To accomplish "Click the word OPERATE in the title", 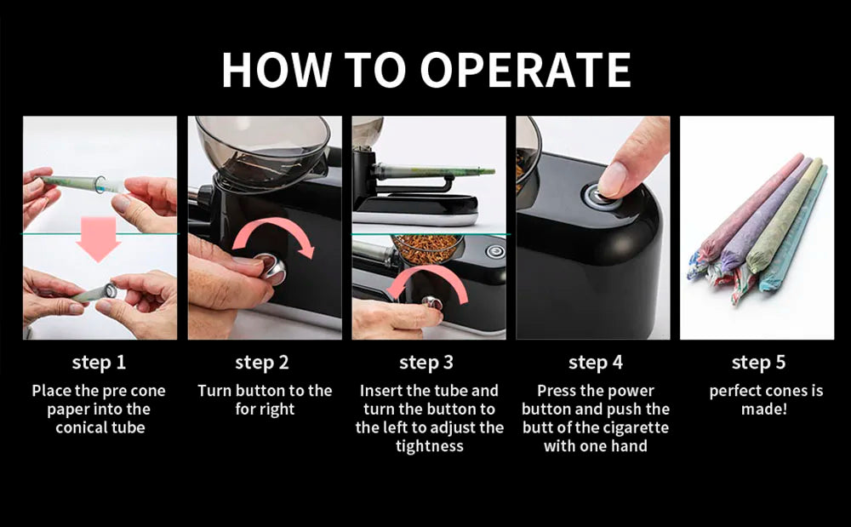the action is pos(525,70).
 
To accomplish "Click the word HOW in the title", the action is pos(277,70).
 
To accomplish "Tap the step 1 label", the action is pos(99,363).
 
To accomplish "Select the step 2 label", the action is pos(261,363).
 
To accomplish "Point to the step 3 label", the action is pos(426,363).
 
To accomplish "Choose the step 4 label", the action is pos(596,363).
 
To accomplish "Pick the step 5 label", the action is pos(758,363).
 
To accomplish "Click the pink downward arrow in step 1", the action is pos(98,238).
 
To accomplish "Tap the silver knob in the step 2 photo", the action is pos(271,268).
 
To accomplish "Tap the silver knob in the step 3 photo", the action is pos(432,302).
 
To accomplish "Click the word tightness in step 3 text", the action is pos(429,446).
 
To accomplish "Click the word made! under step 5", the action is pos(764,410).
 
